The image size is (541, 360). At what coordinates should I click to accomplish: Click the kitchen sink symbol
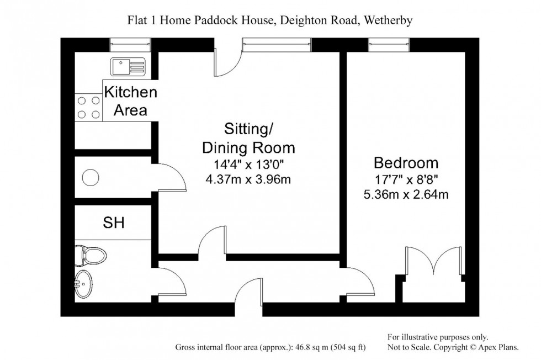pyautogui.click(x=127, y=67)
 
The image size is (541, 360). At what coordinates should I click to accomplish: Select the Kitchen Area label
pyautogui.click(x=131, y=101)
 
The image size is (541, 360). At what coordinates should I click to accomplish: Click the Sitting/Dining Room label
pyautogui.click(x=248, y=138)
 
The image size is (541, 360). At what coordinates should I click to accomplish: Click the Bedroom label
pyautogui.click(x=406, y=163)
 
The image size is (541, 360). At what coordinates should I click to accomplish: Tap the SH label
pyautogui.click(x=114, y=223)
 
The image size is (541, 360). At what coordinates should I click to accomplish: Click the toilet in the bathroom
pyautogui.click(x=92, y=255)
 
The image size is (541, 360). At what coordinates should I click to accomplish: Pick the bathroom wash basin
pyautogui.click(x=84, y=284)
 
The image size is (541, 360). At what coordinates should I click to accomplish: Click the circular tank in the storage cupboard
pyautogui.click(x=90, y=177)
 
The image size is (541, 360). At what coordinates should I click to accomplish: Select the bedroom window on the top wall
pyautogui.click(x=389, y=44)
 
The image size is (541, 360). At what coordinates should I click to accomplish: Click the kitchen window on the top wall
pyautogui.click(x=130, y=44)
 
